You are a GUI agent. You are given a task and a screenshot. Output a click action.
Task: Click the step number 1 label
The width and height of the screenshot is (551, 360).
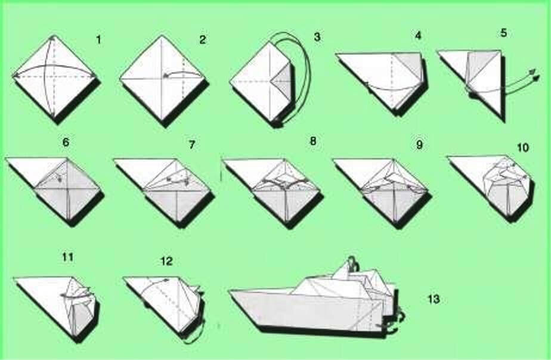point(99,40)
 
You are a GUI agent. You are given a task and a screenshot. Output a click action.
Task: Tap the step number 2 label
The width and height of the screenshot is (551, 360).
point(202,40)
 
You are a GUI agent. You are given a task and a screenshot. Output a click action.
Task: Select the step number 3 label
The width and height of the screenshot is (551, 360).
point(317,36)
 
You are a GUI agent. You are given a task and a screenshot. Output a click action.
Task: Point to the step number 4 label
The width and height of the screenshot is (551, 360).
point(418,36)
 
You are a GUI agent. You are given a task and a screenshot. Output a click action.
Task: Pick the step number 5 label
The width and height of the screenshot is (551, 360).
point(503,33)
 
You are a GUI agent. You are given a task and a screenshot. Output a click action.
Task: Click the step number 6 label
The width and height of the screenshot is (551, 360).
point(66,142)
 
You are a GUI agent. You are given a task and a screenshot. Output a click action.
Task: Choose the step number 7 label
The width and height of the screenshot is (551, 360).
point(191,145)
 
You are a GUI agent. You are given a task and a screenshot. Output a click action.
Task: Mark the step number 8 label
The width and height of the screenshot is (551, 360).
point(312,141)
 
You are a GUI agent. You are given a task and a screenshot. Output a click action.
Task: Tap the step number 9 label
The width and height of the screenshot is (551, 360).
point(419,145)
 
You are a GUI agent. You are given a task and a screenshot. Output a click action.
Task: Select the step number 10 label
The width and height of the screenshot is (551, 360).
point(523,147)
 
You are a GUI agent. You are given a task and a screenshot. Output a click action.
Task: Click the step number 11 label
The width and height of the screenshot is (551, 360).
point(67,257)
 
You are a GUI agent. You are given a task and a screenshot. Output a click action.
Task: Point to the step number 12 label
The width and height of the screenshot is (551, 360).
point(166,261)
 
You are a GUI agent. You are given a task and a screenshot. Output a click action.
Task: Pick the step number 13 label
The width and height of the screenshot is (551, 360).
point(434,299)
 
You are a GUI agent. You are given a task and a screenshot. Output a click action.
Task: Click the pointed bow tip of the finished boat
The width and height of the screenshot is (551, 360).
point(229,291)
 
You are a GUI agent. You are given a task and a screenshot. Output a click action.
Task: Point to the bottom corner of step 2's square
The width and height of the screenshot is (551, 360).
point(162,120)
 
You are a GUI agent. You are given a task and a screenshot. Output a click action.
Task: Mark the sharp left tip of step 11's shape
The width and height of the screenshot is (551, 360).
point(14,278)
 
